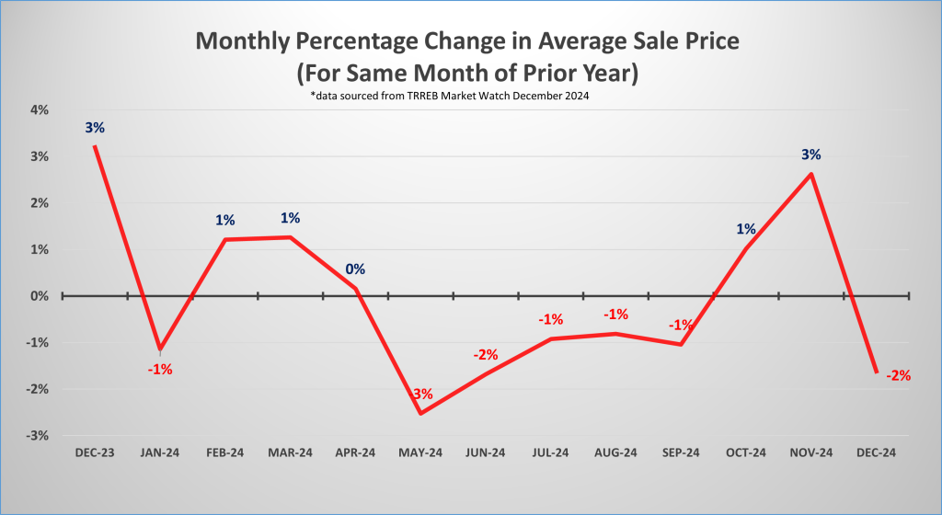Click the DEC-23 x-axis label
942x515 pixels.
coord(95,452)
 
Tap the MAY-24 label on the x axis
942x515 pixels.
coord(420,452)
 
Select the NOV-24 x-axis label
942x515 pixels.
coord(810,452)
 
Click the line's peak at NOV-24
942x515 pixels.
coord(810,174)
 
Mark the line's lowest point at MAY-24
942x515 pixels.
coord(420,413)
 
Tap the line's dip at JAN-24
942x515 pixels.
coord(161,349)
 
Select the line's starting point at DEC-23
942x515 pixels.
coord(95,146)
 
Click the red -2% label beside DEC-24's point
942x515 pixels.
coord(898,375)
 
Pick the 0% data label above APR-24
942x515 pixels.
coord(355,269)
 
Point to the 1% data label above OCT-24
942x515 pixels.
coord(746,229)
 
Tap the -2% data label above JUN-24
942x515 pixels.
coord(486,354)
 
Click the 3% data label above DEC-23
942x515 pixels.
coord(95,128)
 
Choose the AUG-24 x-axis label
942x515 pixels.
coord(615,452)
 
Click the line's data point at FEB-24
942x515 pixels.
coord(225,240)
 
